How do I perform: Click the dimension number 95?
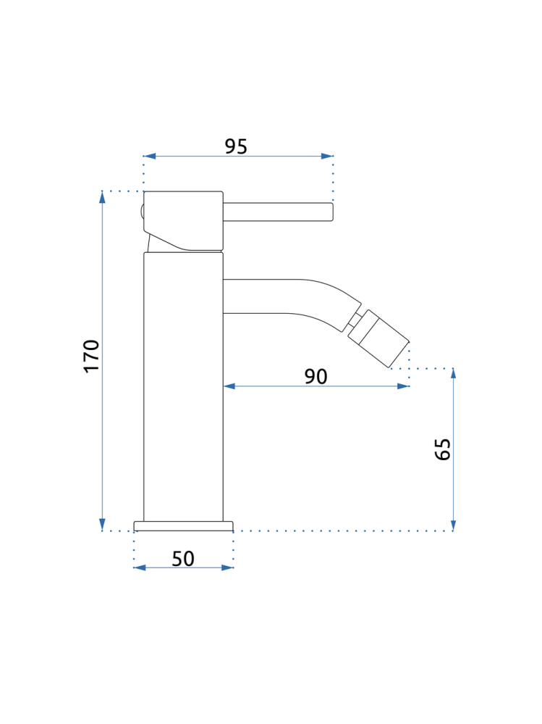[x=236, y=146]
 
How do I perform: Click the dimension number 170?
[x=92, y=356]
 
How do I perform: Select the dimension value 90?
[x=316, y=376]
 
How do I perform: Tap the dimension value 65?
[x=442, y=449]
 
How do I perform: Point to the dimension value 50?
[x=183, y=559]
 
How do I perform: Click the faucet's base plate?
[x=183, y=526]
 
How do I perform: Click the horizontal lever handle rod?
[x=278, y=212]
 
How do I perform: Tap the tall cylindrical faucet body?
[x=183, y=387]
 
